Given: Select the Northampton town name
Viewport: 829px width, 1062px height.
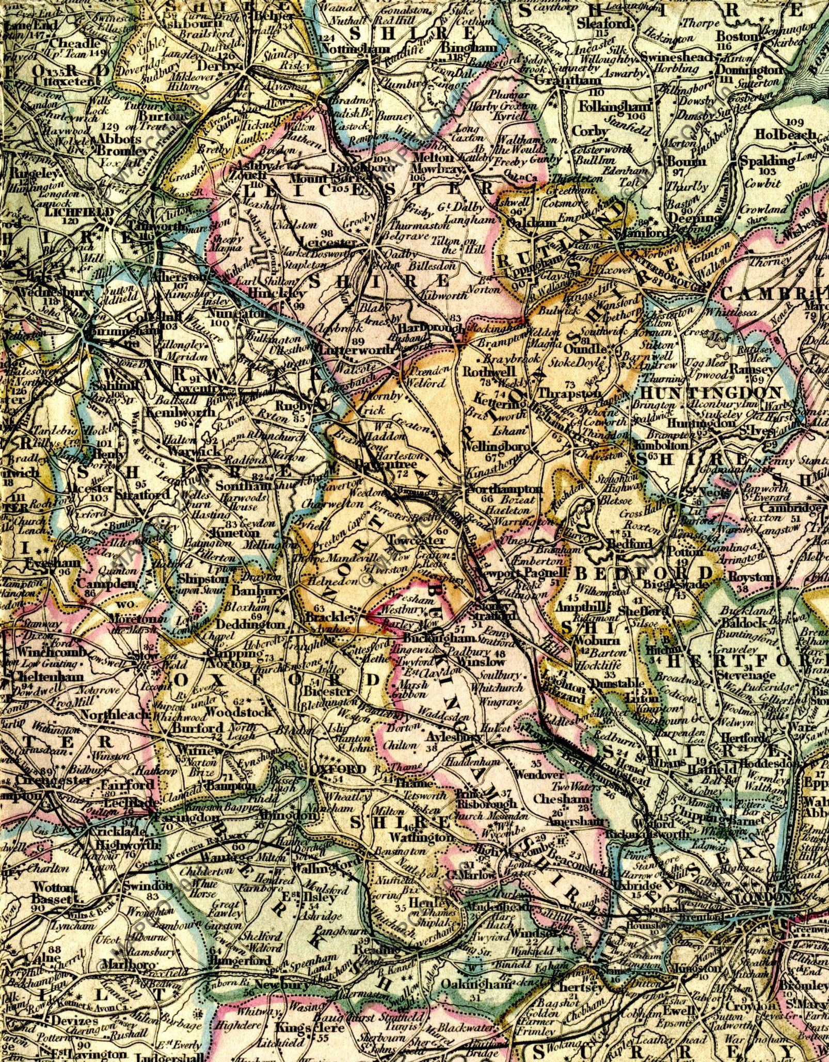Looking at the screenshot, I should tap(504, 488).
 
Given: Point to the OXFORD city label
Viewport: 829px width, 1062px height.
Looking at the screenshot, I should tap(338, 769).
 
